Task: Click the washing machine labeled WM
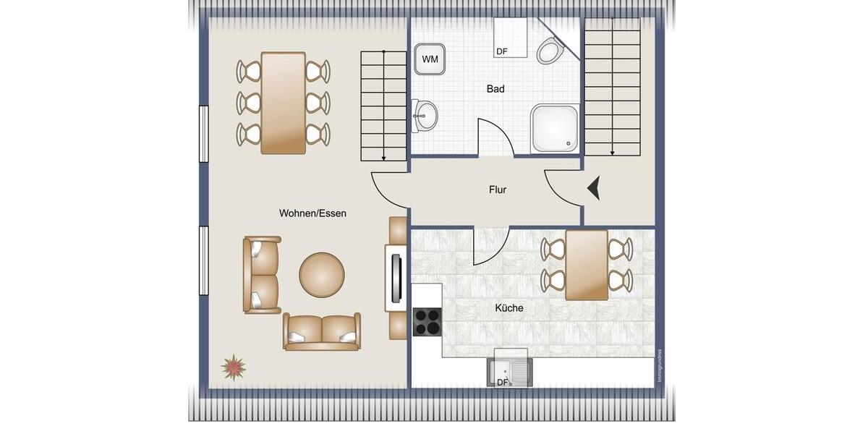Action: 430,59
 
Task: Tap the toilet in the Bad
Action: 550,51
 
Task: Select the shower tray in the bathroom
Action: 555,129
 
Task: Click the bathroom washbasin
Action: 425,116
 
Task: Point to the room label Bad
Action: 495,89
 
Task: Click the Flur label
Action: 498,190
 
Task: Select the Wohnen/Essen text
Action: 312,213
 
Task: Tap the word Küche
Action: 509,308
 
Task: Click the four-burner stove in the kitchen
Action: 427,322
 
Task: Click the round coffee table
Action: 322,275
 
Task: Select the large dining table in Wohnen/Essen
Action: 283,103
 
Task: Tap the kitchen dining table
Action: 587,265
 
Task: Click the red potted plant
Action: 233,367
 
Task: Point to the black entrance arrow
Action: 594,189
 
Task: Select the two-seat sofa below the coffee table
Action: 322,332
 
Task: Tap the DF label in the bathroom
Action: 502,51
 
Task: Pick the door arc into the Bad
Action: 495,137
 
